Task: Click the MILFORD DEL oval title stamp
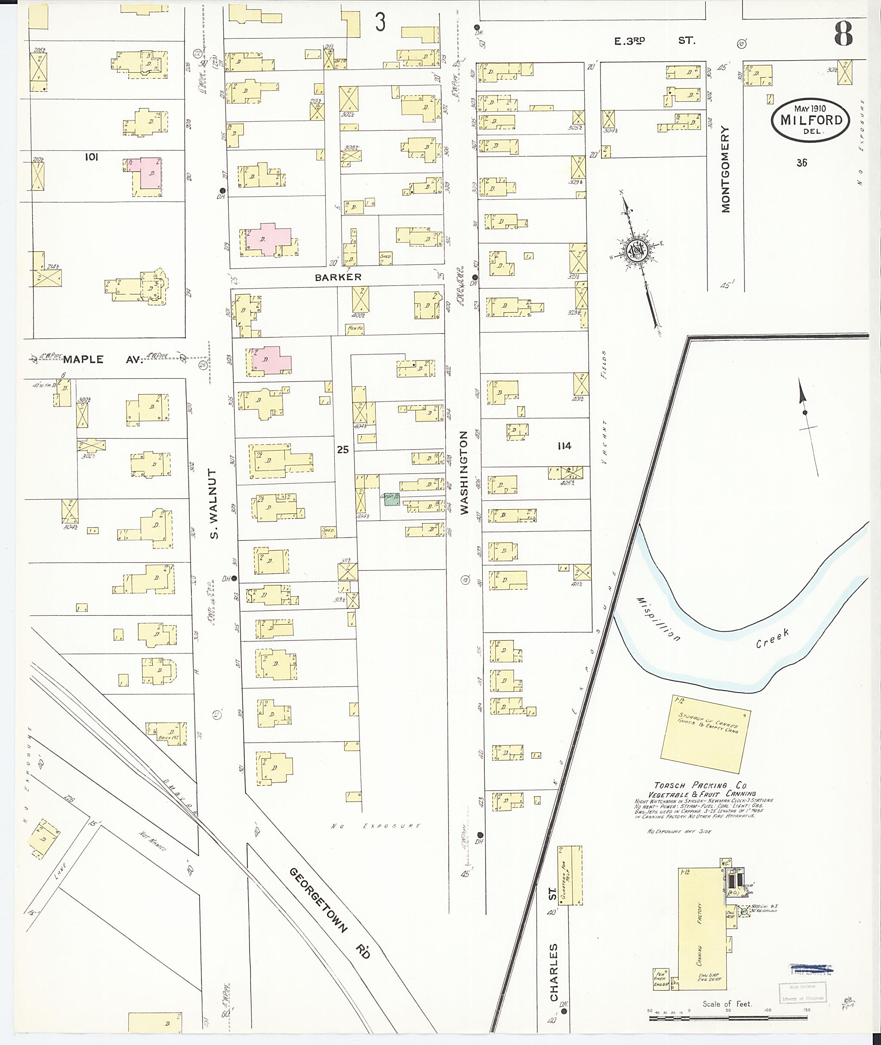[x=810, y=120]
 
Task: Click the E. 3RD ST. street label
[x=654, y=41]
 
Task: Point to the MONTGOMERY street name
[x=725, y=169]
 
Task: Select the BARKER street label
[x=338, y=277]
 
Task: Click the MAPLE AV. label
[x=102, y=359]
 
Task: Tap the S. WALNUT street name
[x=214, y=504]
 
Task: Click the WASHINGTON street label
[x=463, y=472]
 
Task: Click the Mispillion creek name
[x=658, y=620]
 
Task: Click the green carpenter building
[x=391, y=499]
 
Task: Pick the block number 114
[x=564, y=446]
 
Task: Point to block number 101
[x=91, y=157]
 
